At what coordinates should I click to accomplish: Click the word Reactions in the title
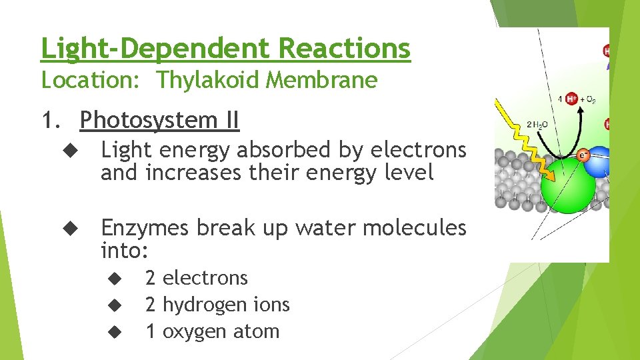point(344,48)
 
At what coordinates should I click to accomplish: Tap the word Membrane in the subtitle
point(322,81)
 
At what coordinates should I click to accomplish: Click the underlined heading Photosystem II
point(159,121)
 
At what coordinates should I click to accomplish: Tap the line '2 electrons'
point(196,277)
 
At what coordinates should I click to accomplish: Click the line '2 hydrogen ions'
point(217,305)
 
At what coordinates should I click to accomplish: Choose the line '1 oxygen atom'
point(212,331)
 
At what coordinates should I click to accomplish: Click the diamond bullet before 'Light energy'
point(73,151)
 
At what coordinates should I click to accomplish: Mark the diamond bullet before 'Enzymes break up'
point(73,229)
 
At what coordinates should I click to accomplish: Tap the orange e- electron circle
point(583,155)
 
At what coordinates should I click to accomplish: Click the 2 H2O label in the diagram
point(538,125)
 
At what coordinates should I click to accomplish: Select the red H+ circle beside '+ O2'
point(571,99)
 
